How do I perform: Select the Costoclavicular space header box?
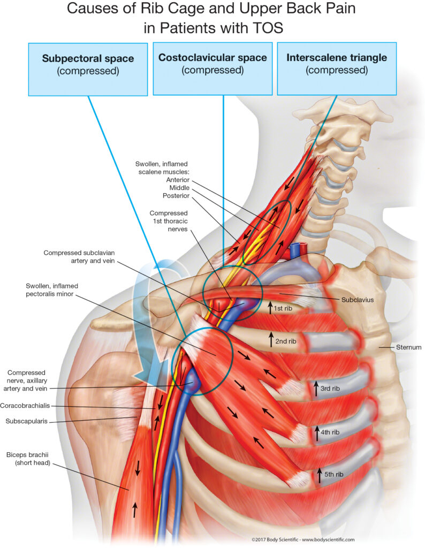coord(215,64)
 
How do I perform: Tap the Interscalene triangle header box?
coord(336,64)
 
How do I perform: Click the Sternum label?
coord(409,347)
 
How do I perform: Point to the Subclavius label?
coord(356,299)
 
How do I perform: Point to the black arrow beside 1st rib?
coord(270,308)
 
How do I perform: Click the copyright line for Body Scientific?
coord(302,540)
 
